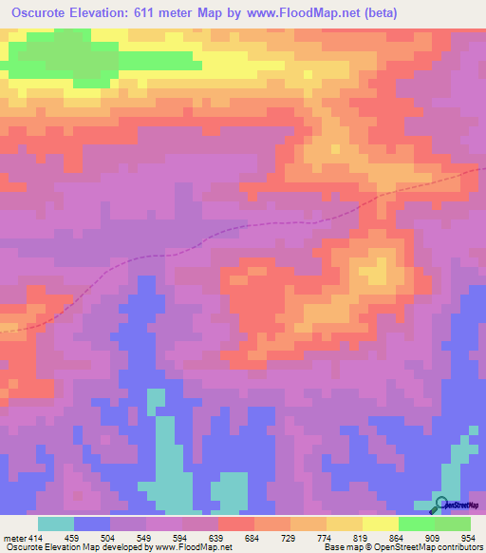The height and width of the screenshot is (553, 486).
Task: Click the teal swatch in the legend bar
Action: click(56, 524)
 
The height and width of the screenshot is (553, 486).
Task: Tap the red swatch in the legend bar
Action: click(236, 524)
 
